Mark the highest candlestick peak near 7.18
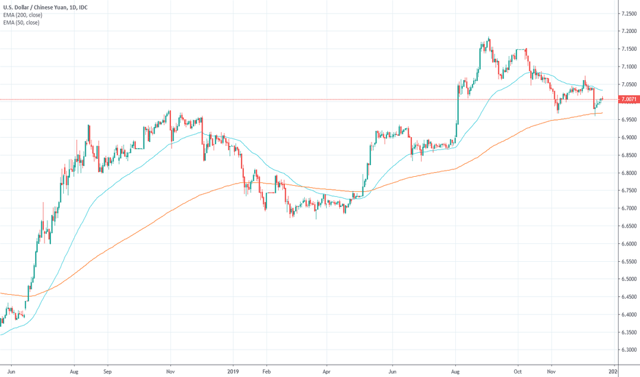[488, 38]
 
